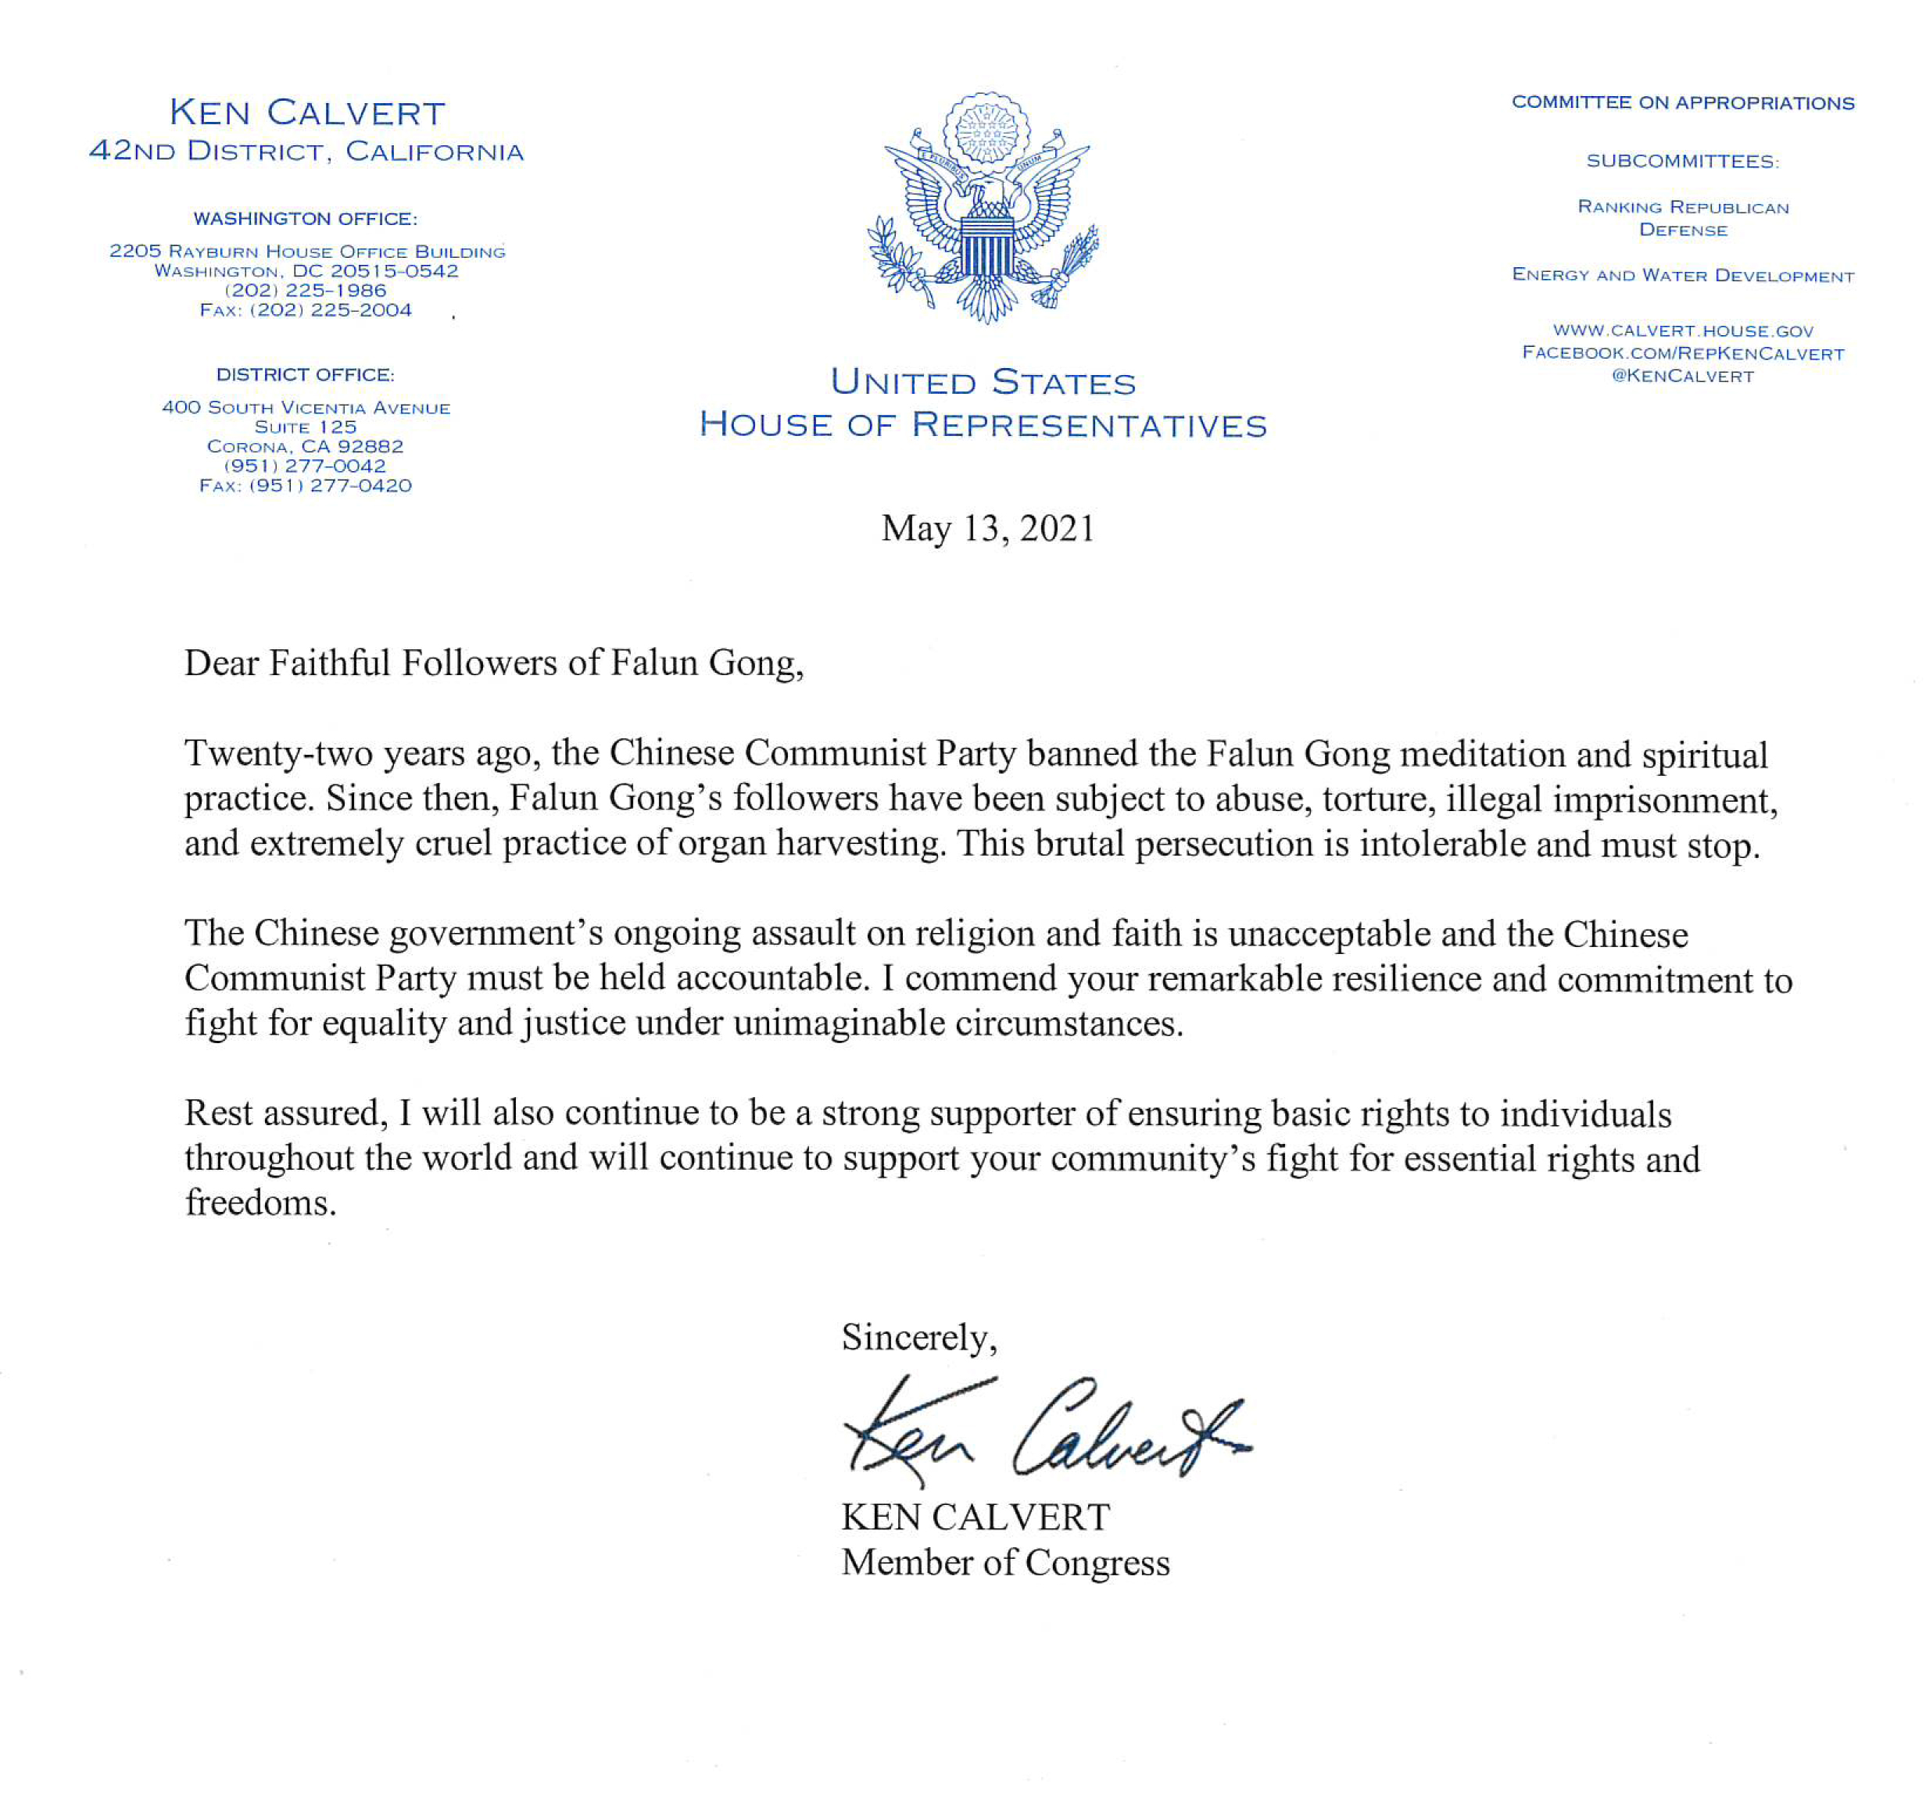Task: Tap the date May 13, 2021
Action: click(987, 529)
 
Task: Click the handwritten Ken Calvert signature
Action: click(1041, 1432)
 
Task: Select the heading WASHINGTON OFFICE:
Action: click(305, 219)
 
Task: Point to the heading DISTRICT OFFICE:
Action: click(305, 375)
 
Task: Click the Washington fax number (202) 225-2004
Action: click(331, 310)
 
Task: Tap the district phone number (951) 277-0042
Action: click(305, 466)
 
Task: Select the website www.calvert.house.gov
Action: click(1683, 331)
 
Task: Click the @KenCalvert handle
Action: click(1683, 377)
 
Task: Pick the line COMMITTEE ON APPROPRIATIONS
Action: click(1683, 102)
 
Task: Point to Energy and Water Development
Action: click(1683, 275)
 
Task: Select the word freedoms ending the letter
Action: click(260, 1203)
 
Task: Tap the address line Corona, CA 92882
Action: click(305, 446)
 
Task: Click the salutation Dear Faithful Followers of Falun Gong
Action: click(493, 663)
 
